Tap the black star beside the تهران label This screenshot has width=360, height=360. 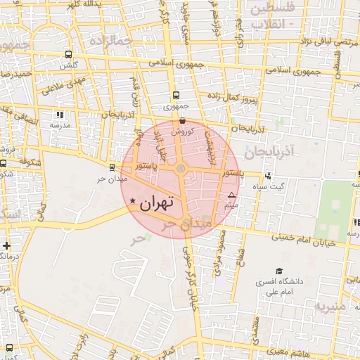(x=133, y=202)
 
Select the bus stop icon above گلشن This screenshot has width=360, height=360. (x=68, y=54)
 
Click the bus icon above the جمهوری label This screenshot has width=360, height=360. (x=174, y=96)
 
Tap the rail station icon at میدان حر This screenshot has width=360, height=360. (x=112, y=167)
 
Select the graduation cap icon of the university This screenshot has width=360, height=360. (x=279, y=271)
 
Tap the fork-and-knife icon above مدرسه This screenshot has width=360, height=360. (x=60, y=115)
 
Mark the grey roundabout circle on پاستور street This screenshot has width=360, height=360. (x=181, y=169)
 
